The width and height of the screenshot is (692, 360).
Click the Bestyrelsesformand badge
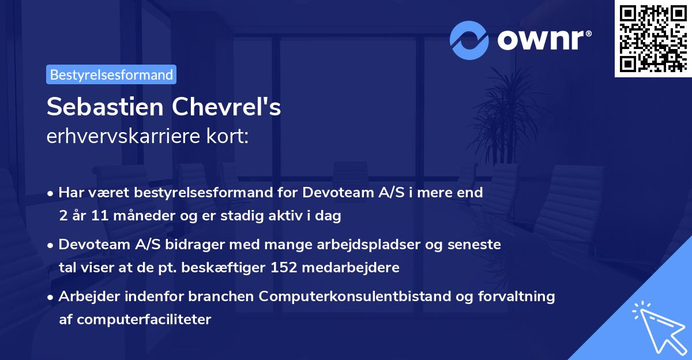111,74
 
